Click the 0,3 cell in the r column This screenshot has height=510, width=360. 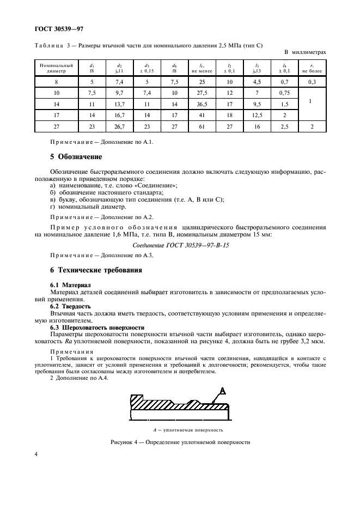tap(312, 81)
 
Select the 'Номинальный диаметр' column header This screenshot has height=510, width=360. tap(52, 68)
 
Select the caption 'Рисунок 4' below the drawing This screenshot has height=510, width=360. tap(180, 442)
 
